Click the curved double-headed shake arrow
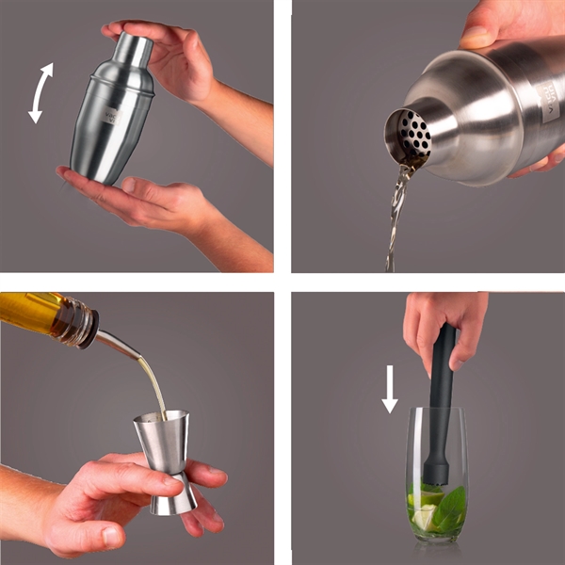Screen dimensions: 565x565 click(40, 92)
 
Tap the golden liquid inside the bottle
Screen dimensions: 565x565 click(28, 309)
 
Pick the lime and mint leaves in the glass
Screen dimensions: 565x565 click(438, 508)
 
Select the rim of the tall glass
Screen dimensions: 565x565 click(437, 412)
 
